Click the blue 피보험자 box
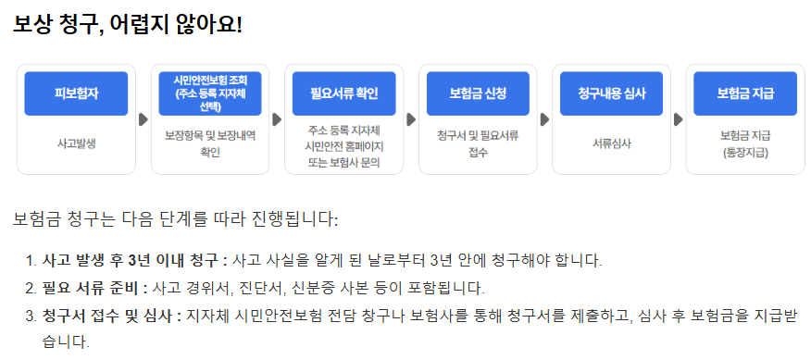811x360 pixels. point(76,93)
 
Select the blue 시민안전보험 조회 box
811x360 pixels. point(210,93)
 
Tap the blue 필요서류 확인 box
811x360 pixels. point(343,93)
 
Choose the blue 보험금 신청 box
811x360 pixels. point(478,93)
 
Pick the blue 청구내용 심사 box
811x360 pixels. point(612,93)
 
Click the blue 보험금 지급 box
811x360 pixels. point(745,93)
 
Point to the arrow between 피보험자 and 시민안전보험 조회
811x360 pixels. point(143,119)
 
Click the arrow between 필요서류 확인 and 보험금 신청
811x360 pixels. point(410,119)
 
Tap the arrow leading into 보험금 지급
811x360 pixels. point(679,119)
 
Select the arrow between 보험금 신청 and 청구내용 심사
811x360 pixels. point(544,119)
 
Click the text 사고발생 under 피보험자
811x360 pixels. point(76,143)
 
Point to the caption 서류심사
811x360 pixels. point(612,143)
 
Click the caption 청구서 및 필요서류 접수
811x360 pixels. point(478,143)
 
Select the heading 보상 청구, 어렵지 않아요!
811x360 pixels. point(127,25)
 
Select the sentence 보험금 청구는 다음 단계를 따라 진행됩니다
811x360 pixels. point(176,219)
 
